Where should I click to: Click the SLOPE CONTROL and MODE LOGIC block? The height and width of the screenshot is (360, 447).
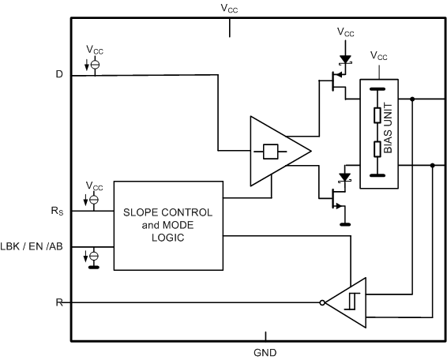click(167, 224)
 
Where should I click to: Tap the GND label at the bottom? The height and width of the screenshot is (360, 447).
click(265, 353)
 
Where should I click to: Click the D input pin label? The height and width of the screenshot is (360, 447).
click(59, 75)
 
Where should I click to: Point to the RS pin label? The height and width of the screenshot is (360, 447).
click(58, 211)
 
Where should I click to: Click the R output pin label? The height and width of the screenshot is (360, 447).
click(59, 302)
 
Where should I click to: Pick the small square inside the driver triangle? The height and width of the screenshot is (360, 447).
click(271, 151)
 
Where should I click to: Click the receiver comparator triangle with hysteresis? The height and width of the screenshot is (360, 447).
click(348, 302)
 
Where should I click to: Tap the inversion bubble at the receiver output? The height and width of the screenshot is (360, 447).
click(323, 302)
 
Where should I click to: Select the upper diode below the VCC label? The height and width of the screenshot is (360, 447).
click(345, 58)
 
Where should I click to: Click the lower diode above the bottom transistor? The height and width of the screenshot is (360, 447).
click(345, 178)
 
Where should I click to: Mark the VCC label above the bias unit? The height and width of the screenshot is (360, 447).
click(380, 56)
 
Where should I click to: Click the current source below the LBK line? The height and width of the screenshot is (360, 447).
click(94, 257)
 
